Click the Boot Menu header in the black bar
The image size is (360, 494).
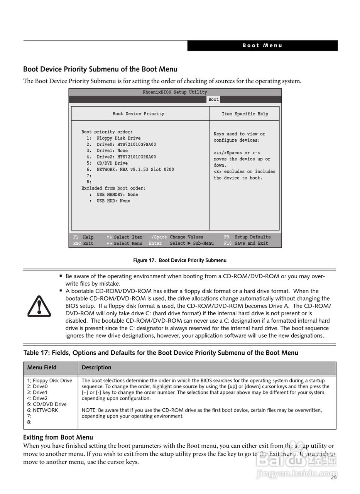(x=262, y=46)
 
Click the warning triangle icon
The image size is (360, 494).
(x=39, y=306)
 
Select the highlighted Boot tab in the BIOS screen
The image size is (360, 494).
(x=213, y=100)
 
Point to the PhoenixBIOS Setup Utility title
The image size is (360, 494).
(x=175, y=92)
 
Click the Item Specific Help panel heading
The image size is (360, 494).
(x=245, y=114)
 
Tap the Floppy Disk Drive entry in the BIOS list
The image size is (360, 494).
(x=118, y=138)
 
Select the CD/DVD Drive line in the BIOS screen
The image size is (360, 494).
(x=112, y=163)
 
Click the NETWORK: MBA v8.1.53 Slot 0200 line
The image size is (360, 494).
(x=135, y=169)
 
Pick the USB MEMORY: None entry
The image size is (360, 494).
(x=117, y=195)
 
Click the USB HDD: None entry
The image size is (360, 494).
(x=113, y=201)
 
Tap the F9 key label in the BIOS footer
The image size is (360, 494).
(x=226, y=237)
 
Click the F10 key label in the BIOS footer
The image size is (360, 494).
(x=228, y=244)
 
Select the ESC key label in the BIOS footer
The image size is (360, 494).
(x=77, y=244)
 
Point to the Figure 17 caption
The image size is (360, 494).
(x=180, y=261)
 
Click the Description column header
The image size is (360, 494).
(x=96, y=367)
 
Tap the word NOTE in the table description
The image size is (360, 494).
(x=89, y=410)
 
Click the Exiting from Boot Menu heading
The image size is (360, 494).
(x=58, y=437)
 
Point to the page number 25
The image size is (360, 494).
(x=333, y=477)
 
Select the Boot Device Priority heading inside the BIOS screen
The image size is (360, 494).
(x=138, y=114)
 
